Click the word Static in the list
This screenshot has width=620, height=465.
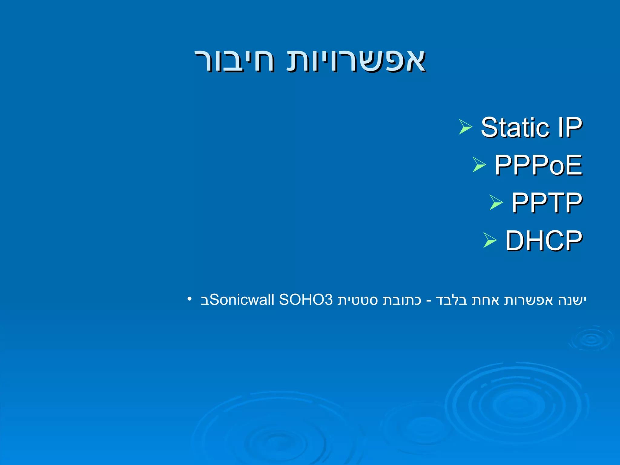515,127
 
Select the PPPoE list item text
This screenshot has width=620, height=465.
538,165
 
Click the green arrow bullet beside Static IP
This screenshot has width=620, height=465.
465,127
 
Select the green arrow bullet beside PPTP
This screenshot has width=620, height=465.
496,203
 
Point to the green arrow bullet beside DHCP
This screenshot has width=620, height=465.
490,240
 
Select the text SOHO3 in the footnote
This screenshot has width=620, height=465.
306,300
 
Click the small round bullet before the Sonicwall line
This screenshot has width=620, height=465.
190,299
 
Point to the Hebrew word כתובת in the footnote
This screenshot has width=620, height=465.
402,300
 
